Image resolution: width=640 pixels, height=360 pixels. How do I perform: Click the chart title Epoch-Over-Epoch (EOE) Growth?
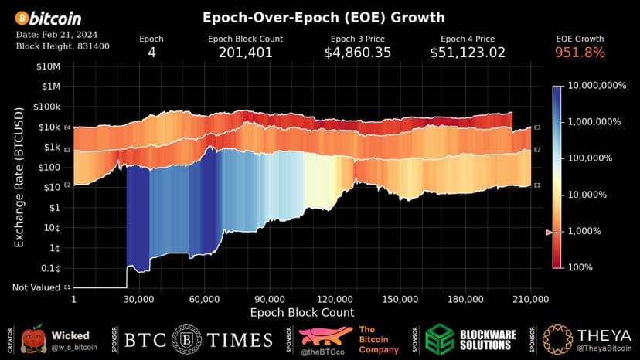(x=323, y=17)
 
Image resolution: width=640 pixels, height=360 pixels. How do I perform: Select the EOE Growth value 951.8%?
(x=580, y=53)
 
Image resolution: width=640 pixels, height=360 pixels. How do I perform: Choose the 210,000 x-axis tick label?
(x=530, y=299)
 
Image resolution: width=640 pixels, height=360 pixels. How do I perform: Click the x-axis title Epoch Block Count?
(x=302, y=313)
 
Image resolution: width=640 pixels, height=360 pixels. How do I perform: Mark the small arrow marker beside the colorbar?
(x=550, y=233)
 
